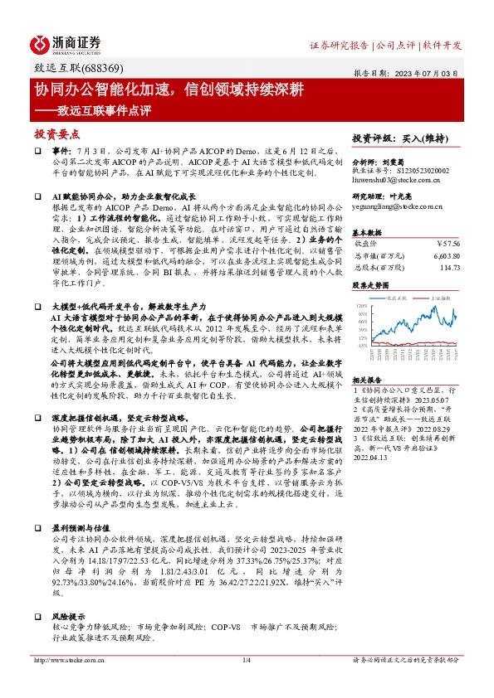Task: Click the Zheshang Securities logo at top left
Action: [x=66, y=42]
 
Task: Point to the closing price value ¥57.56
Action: [x=445, y=244]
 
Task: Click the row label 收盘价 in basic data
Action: [x=366, y=244]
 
